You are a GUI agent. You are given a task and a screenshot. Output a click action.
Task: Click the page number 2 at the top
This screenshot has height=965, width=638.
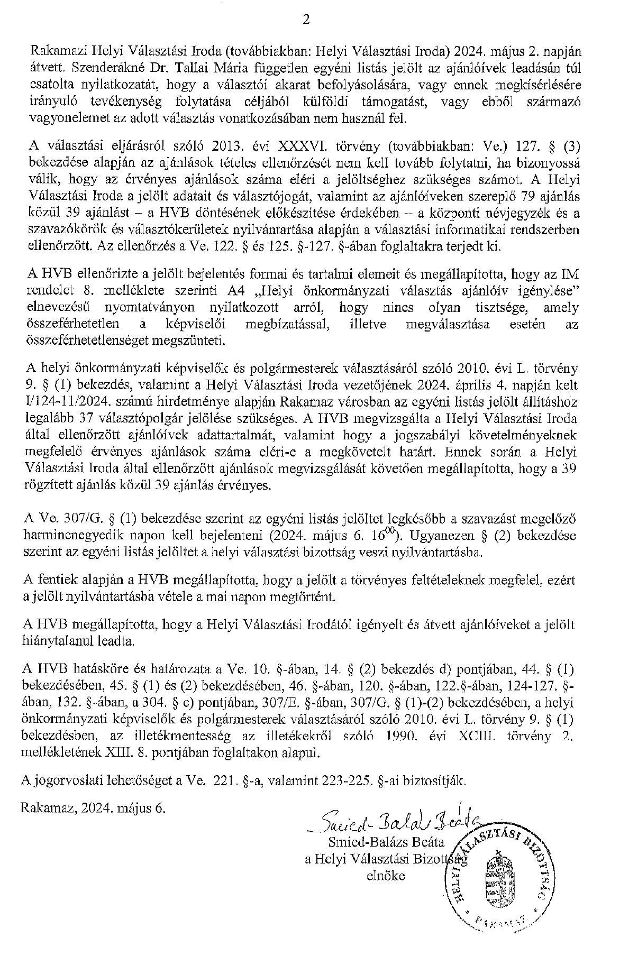pos(305,20)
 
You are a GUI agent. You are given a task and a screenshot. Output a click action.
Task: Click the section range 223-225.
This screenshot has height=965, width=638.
pos(346,780)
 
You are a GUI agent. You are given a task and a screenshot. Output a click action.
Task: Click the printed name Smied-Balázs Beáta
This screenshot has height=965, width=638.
pos(387,841)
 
